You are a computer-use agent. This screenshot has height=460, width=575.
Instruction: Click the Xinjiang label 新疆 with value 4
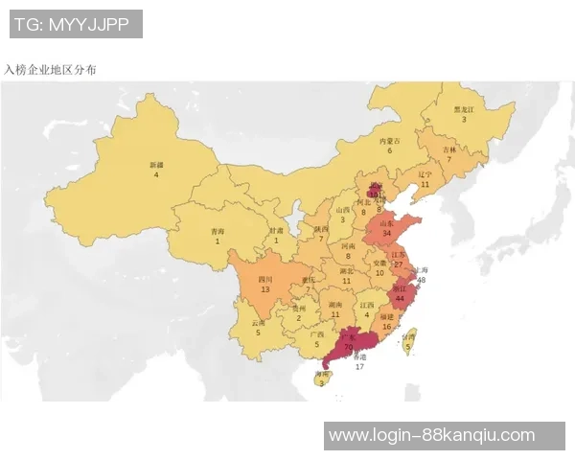pyautogui.click(x=156, y=170)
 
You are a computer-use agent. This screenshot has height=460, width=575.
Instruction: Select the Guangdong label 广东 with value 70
pyautogui.click(x=348, y=340)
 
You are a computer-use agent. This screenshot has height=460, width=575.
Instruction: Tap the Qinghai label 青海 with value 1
pyautogui.click(x=218, y=236)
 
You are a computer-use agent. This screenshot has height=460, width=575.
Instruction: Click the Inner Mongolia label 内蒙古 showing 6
pyautogui.click(x=389, y=145)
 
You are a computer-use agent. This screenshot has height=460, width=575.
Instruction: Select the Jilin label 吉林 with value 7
pyautogui.click(x=448, y=154)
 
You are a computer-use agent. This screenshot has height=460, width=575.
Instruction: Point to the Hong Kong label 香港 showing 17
pyautogui.click(x=359, y=360)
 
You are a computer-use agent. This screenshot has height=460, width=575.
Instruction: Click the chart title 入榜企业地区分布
pyautogui.click(x=50, y=70)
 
